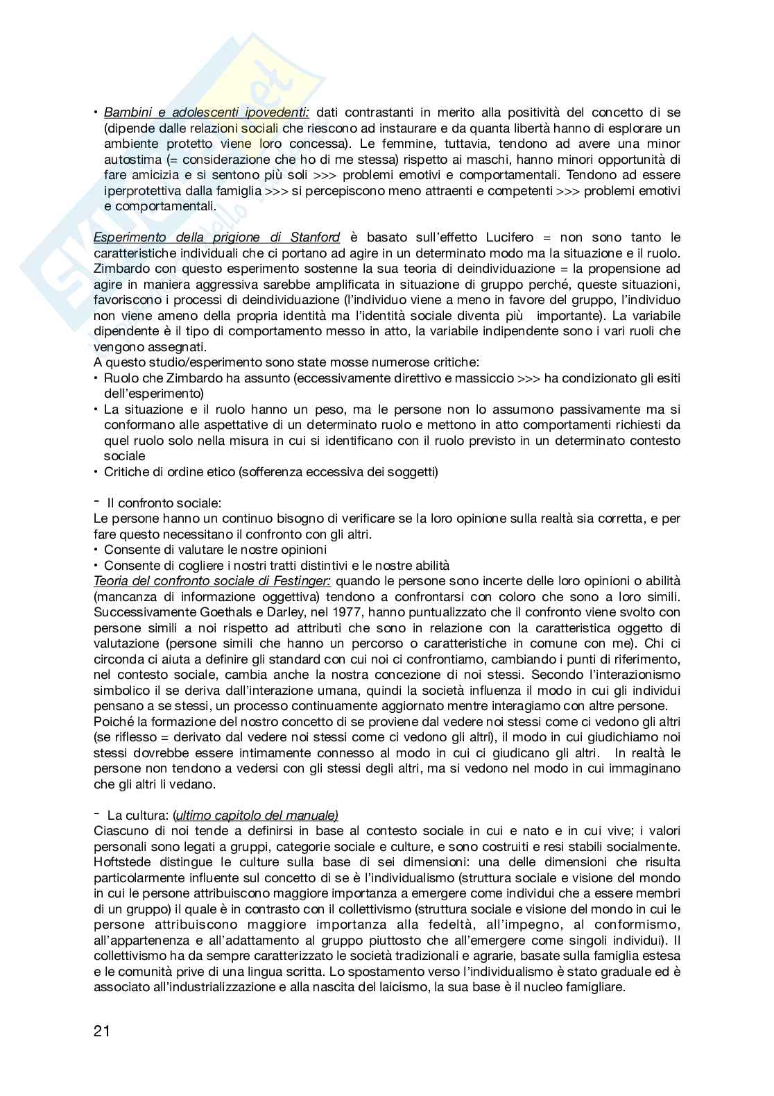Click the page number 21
102,1031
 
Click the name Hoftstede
124,862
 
